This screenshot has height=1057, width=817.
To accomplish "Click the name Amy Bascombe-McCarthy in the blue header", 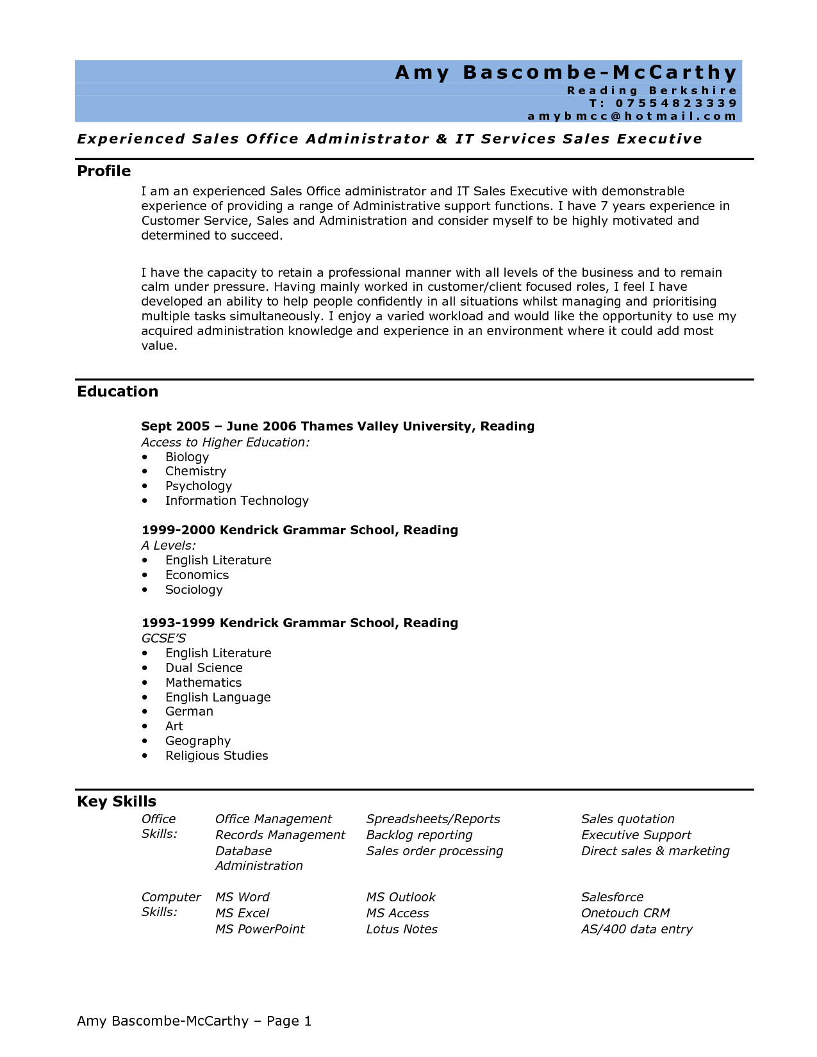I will point(566,72).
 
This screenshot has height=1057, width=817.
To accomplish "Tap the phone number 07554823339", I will point(676,103).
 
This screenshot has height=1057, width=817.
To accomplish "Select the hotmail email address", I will point(632,116).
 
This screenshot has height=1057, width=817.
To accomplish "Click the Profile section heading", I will point(104,171).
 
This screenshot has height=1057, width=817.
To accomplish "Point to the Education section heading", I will point(117,391).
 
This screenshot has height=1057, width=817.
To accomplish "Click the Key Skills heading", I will point(117,801).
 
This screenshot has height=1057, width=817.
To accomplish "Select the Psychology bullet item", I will point(198,486).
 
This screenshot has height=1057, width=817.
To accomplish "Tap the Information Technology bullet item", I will point(236,501).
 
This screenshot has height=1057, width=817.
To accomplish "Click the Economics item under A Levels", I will point(197,575).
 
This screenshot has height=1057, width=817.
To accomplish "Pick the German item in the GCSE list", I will point(189,712).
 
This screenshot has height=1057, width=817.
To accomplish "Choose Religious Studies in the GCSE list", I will point(217,756).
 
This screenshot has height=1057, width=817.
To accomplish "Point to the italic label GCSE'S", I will point(163,639).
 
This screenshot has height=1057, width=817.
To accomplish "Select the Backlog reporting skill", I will point(419,835).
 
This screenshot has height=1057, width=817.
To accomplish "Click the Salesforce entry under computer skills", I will point(612,897).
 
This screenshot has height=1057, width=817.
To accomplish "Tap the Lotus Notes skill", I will point(402,930).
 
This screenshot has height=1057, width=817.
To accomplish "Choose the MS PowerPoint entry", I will point(260,930).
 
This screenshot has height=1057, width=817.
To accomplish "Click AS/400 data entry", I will point(636,930).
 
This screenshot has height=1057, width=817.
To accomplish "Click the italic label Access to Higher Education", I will point(225,443).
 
